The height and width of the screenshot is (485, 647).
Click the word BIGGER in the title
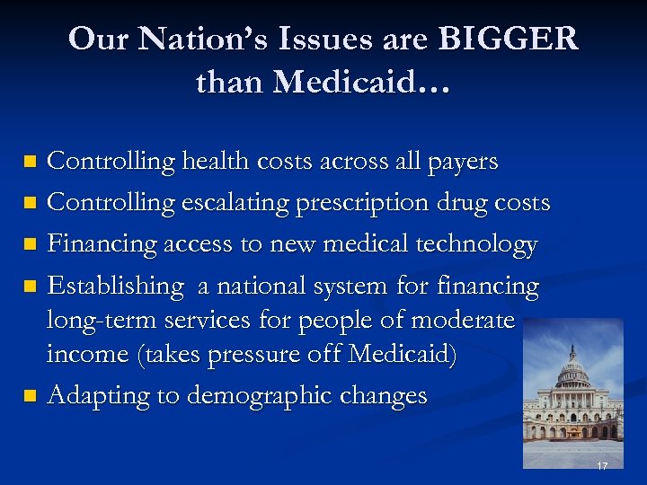coord(509,40)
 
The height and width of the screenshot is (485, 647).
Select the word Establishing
coord(115,287)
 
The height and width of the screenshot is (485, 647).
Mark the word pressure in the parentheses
coord(256,356)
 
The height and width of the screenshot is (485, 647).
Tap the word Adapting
coord(99,397)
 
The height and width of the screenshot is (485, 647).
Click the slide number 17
coord(602,466)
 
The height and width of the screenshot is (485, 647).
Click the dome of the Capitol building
coord(572,369)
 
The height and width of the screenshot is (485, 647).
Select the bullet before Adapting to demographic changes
coord(31,395)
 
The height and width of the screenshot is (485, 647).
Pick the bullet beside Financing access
coord(31,244)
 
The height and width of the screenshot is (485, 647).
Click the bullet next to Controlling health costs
coord(31,163)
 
